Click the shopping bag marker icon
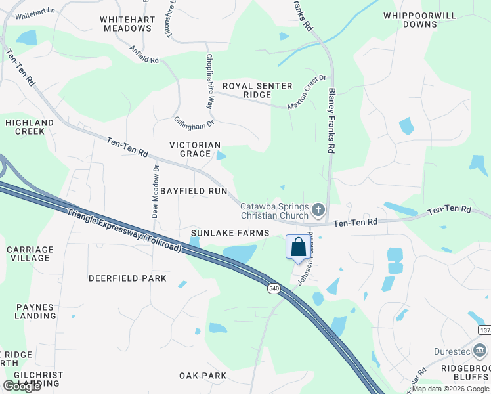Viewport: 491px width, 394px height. click(x=298, y=248)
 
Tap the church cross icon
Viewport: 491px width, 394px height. click(x=318, y=210)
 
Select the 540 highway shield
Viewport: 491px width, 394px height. click(x=274, y=288)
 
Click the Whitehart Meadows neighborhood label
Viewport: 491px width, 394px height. click(x=127, y=24)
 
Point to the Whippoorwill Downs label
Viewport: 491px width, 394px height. click(x=410, y=20)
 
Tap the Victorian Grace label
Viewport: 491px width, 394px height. click(x=195, y=149)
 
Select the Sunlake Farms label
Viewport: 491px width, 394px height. click(x=230, y=233)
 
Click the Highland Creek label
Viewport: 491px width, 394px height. click(x=30, y=127)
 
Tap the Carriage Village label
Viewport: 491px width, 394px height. click(x=30, y=253)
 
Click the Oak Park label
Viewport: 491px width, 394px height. click(x=203, y=376)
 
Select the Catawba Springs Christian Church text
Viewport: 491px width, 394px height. click(x=274, y=210)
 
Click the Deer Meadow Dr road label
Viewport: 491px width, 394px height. click(x=156, y=191)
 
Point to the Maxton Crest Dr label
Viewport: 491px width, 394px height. click(x=307, y=93)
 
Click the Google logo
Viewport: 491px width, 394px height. click(x=22, y=386)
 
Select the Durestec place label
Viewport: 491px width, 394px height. click(x=452, y=351)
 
